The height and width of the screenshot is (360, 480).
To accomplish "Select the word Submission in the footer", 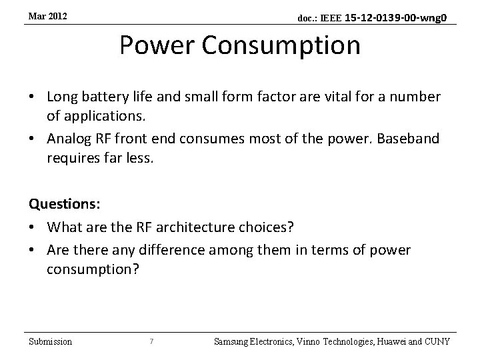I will click(x=51, y=341).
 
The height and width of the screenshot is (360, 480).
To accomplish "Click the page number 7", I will click(x=152, y=341).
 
